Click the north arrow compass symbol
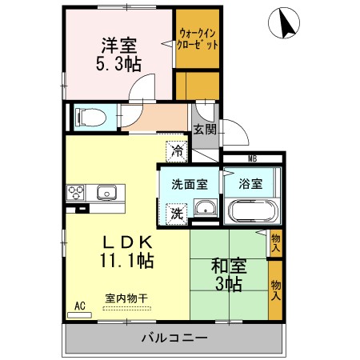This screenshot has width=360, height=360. pos(284,23)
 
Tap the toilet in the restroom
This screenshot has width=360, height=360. pos(90,117)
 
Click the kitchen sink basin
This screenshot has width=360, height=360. pos(106,192)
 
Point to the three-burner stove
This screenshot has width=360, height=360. pos(75,192)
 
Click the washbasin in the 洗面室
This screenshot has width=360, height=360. pos(205,208)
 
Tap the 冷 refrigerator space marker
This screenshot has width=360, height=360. pos(177,151)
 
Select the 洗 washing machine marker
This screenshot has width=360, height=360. pos(176,214)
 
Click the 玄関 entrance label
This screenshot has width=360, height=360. pos(205,130)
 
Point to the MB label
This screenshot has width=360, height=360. pos(252,159)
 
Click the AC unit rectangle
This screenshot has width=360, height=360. pos(79,315)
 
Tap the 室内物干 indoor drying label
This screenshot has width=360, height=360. pos(126,298)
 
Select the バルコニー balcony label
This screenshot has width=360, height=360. pos(174,338)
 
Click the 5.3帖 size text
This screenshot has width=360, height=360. pos(118,64)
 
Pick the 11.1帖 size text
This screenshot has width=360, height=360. pos(126,260)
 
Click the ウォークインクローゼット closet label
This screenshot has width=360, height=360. pos(198,39)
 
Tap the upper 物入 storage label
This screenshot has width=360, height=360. pos(276,243)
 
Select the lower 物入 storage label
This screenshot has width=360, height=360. pos(276,290)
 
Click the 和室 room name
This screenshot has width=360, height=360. pos(229,266)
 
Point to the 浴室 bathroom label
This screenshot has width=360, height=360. pos(250,184)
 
